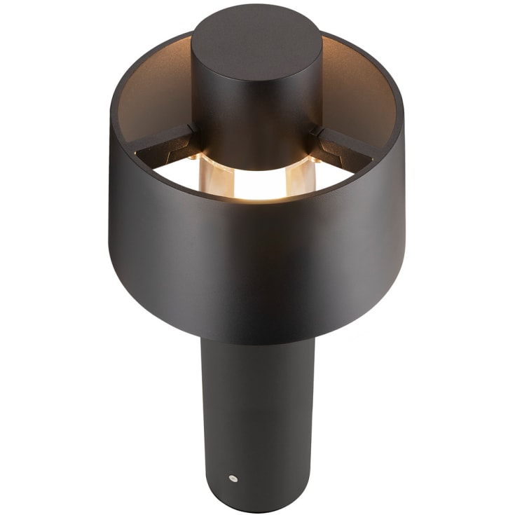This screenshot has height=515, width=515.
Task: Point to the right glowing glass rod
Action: coord(296,177)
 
